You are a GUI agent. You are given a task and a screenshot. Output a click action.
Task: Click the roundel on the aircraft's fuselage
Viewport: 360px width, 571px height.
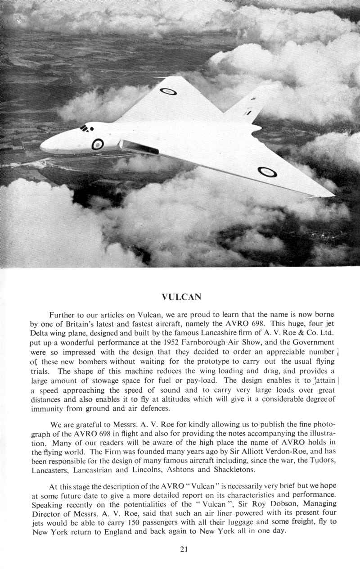tap(98, 144)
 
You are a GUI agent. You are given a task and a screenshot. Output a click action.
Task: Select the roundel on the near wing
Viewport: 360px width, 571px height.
tap(267, 171)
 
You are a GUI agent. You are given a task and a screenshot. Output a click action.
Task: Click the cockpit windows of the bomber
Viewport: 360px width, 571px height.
tap(85, 129)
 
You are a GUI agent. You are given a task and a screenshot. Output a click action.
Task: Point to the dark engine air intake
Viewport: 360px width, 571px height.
tap(139, 147)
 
